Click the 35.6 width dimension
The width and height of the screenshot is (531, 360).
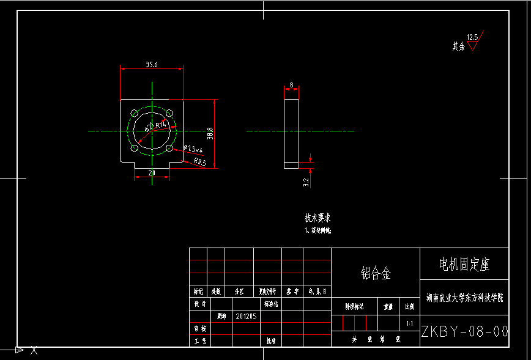[x=152, y=64]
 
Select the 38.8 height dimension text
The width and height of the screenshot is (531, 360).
[x=210, y=133]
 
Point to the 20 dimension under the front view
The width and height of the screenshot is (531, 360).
[x=152, y=174]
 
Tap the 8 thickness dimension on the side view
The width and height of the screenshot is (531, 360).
[x=291, y=84]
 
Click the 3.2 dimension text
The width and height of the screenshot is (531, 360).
[x=306, y=182]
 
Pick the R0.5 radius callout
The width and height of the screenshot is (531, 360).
[x=200, y=162]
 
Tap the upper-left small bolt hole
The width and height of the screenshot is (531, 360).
[x=135, y=113]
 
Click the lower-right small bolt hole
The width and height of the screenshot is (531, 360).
[x=169, y=148]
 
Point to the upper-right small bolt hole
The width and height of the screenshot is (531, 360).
[x=169, y=113]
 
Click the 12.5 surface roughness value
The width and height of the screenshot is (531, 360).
[x=472, y=37]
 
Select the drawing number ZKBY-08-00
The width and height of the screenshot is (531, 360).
[x=464, y=331]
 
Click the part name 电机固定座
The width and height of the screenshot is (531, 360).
[x=464, y=265]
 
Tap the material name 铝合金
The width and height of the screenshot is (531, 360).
[x=375, y=273]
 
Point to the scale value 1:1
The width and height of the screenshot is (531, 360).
[x=409, y=323]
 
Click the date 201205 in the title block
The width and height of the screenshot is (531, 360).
[x=246, y=317]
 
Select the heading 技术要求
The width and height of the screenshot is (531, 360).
[x=318, y=218]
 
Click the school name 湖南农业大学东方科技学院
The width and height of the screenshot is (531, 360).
[x=464, y=298]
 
